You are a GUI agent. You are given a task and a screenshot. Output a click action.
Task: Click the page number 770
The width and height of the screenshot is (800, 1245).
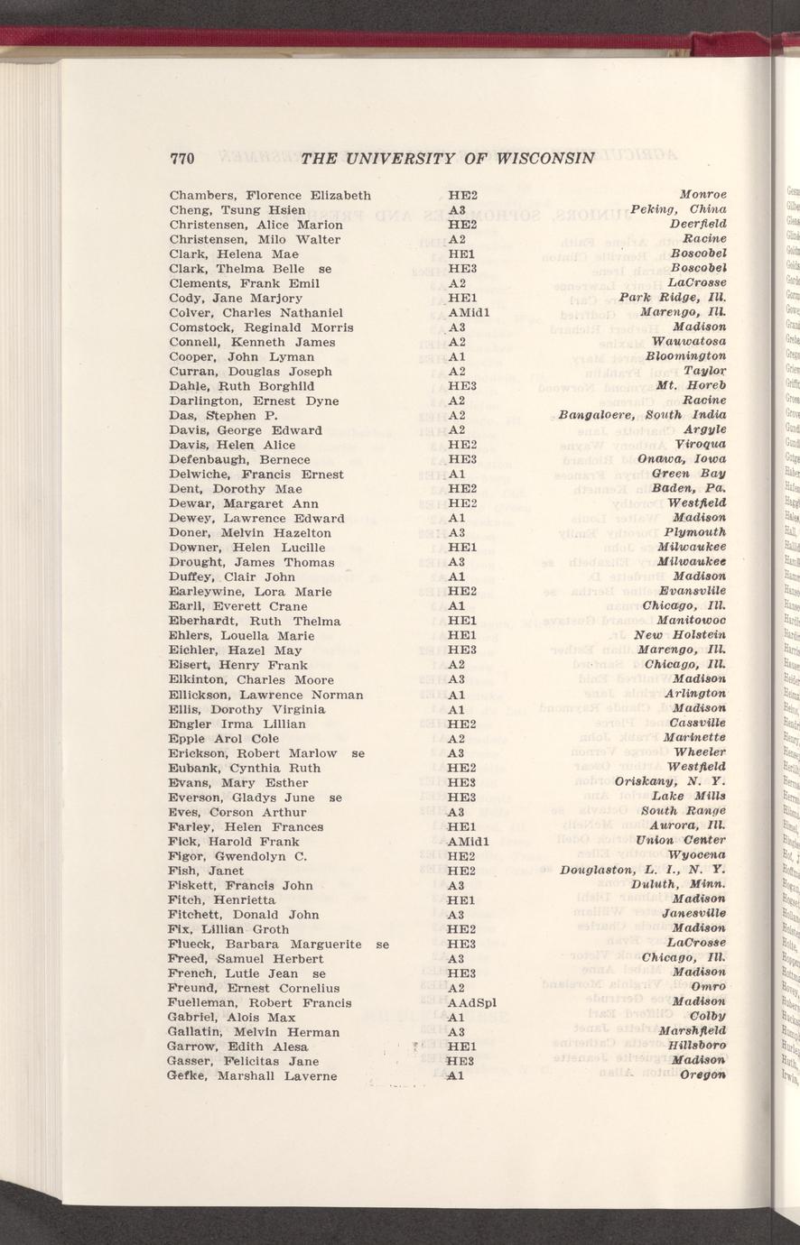183,159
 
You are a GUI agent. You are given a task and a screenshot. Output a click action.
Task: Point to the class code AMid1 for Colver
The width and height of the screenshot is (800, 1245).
469,312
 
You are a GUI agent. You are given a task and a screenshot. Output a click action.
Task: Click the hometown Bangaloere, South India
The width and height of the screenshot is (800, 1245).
643,416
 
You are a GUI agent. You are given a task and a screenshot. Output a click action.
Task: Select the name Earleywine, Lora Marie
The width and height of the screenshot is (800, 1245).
250,592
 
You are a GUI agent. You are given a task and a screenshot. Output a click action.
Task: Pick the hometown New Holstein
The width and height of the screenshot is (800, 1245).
681,635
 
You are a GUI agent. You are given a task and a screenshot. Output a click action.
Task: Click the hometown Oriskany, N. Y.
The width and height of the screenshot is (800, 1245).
671,782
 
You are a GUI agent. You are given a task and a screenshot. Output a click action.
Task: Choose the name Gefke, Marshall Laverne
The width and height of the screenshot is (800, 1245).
252,1075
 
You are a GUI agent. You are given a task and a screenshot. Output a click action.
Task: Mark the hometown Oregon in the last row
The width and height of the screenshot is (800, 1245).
704,1075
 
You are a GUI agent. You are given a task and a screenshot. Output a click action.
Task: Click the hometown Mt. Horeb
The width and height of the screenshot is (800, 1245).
692,386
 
